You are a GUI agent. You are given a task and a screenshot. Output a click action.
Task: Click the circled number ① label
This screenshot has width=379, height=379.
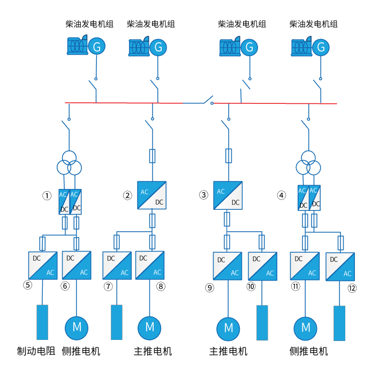[x=47, y=196]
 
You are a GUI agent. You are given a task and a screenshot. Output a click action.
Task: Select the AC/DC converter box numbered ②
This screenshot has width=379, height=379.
[x=151, y=195]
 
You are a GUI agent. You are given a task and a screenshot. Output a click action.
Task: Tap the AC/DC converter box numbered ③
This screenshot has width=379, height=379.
[x=228, y=195]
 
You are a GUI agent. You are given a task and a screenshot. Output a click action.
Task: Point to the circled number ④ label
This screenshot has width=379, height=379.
[x=282, y=195]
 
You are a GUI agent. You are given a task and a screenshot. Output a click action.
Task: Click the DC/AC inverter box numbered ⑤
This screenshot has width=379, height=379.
[x=42, y=265]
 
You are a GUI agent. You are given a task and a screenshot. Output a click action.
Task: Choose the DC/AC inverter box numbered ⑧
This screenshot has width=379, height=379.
[x=149, y=266]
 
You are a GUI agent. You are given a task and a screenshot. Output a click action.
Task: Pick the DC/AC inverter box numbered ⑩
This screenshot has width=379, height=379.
[x=262, y=266]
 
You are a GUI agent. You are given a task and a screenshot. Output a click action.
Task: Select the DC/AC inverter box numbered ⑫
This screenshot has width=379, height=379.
[x=340, y=266]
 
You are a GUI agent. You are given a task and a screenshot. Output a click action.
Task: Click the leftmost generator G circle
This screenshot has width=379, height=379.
[x=96, y=47]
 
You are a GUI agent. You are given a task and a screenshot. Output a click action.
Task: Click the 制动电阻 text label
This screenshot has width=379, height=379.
[x=36, y=352]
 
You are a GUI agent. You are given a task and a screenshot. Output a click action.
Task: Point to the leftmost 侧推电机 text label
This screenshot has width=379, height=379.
[x=81, y=352]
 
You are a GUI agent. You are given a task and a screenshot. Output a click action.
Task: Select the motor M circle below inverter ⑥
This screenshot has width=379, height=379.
[x=77, y=326]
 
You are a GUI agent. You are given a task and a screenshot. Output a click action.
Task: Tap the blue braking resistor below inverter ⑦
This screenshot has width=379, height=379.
[x=117, y=322]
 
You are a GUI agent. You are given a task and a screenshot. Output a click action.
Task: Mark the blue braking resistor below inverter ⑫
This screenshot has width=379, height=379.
[x=340, y=323]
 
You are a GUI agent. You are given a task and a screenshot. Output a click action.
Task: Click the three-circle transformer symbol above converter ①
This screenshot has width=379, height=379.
[x=70, y=163]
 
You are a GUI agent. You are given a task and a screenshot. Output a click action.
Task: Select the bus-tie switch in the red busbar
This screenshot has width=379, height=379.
[x=207, y=100]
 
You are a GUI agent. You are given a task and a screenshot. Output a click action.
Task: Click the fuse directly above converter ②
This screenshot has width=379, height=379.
[x=152, y=156]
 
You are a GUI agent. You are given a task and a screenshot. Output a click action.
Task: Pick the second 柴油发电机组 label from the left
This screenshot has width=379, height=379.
[x=150, y=24]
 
